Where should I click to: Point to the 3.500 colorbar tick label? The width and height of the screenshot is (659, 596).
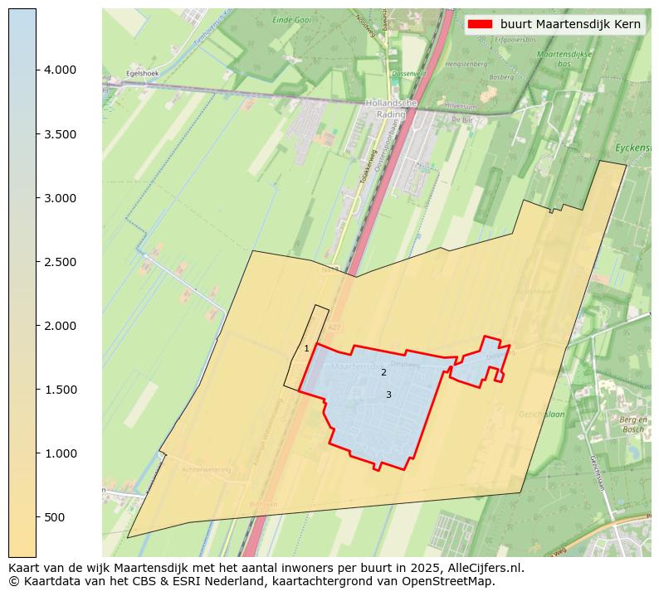click(60, 134)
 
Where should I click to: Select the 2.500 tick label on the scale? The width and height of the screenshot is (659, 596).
click(60, 262)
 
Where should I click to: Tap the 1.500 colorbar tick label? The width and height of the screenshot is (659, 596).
click(60, 390)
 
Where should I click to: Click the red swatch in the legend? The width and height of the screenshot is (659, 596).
click(481, 24)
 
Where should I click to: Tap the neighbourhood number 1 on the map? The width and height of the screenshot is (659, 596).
click(306, 349)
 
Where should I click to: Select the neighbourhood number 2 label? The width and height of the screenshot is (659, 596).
click(383, 373)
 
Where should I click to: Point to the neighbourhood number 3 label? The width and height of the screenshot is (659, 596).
click(388, 395)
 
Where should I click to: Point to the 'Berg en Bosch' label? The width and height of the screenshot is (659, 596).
click(632, 424)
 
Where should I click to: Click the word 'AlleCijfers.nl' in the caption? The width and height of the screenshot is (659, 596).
click(485, 569)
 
